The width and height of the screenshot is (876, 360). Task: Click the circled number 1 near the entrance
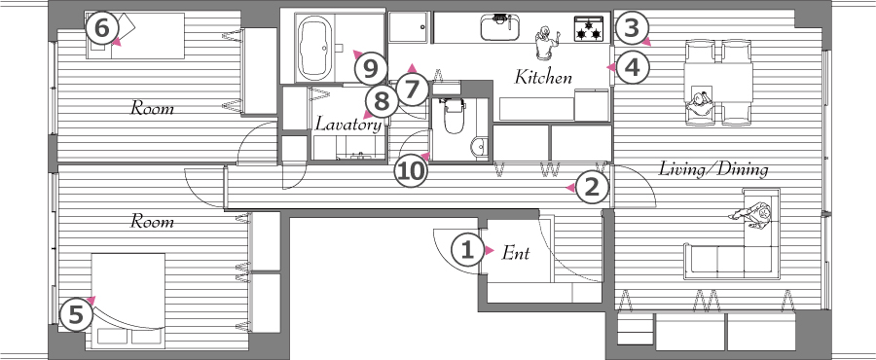(466, 251)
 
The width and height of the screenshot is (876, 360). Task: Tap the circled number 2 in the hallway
(592, 188)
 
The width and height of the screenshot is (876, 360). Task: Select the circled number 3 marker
(631, 28)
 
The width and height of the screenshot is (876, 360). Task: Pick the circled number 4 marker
(632, 68)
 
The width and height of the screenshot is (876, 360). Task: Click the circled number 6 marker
(101, 28)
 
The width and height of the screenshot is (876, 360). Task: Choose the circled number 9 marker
(371, 69)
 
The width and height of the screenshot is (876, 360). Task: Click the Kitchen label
(543, 77)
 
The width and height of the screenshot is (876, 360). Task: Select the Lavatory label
(348, 124)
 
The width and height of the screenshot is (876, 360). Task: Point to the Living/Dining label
(714, 169)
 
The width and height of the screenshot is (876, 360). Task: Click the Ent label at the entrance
(515, 253)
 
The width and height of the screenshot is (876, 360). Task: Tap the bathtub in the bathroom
(315, 48)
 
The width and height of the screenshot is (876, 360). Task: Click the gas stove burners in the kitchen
(589, 29)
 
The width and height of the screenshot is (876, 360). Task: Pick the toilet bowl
(453, 116)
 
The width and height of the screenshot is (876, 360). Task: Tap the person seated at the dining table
(701, 102)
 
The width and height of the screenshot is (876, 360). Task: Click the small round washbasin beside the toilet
(479, 147)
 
